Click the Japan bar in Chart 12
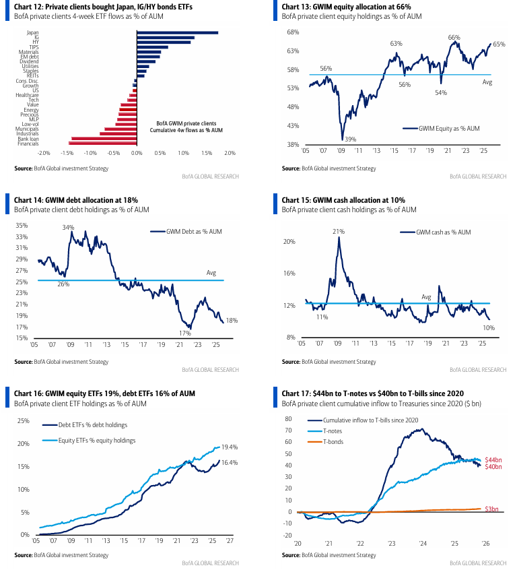(177, 32)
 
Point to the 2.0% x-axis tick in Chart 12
(230, 154)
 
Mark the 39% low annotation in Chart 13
(351, 138)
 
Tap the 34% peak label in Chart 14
(68, 228)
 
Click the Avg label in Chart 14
(211, 273)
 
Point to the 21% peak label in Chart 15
(338, 232)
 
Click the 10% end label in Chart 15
(489, 327)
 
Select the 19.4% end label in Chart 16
(230, 447)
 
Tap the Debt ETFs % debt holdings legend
(94, 425)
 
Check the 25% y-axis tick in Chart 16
(23, 421)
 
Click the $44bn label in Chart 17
(495, 459)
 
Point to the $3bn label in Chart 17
(493, 509)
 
